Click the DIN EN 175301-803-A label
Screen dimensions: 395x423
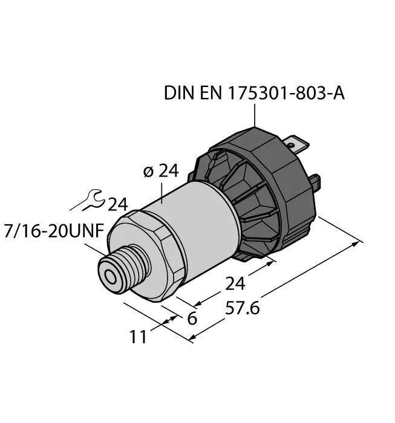(254, 93)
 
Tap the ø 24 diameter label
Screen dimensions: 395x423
(161, 171)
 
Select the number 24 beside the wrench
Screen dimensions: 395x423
(117, 205)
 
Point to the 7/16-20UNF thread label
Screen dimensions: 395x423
(54, 231)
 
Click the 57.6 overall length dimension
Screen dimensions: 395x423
(242, 308)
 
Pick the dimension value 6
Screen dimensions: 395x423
(192, 318)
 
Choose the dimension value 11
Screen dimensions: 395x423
(139, 337)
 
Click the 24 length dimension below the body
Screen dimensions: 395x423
(235, 284)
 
